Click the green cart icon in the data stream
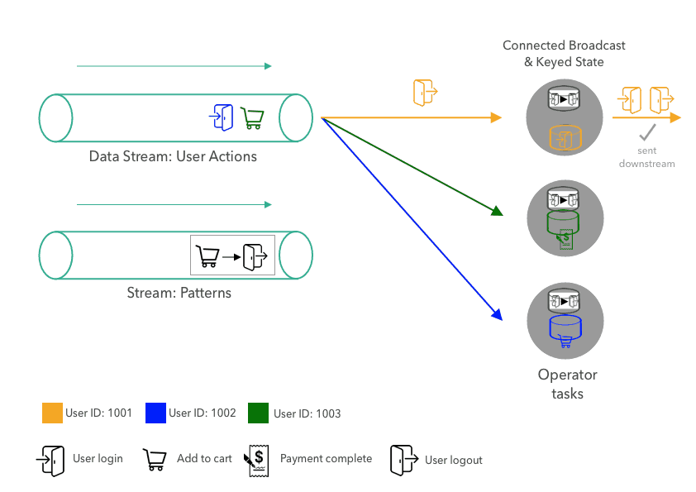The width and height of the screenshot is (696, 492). [251, 118]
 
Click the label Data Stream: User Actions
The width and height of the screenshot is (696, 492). [173, 156]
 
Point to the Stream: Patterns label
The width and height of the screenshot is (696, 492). [179, 293]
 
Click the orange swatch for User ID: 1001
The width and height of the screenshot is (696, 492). [52, 412]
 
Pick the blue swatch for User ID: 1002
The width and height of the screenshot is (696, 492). [155, 412]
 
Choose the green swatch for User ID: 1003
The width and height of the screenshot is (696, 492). [259, 412]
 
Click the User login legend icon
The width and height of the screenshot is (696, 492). [50, 459]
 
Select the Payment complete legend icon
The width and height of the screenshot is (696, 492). [255, 460]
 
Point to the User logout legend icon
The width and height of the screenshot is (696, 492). [403, 460]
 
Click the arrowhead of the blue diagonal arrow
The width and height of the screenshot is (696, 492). [498, 314]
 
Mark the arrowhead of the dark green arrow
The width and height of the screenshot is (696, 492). [498, 213]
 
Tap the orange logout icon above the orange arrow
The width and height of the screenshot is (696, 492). [425, 92]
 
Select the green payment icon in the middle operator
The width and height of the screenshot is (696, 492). [566, 238]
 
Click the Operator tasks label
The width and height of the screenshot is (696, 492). [567, 384]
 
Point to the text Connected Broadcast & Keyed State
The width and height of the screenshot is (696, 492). [564, 54]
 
